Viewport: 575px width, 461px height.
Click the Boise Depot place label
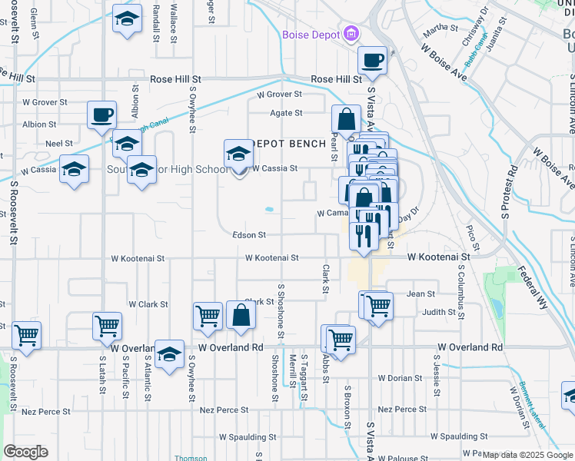(311, 35)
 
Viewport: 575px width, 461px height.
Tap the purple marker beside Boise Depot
(352, 34)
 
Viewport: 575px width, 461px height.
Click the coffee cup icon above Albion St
(101, 116)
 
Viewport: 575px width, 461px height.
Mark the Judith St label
(438, 313)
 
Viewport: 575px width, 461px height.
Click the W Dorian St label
(401, 378)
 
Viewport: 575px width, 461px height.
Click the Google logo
(26, 451)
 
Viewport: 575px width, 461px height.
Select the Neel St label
(58, 144)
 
